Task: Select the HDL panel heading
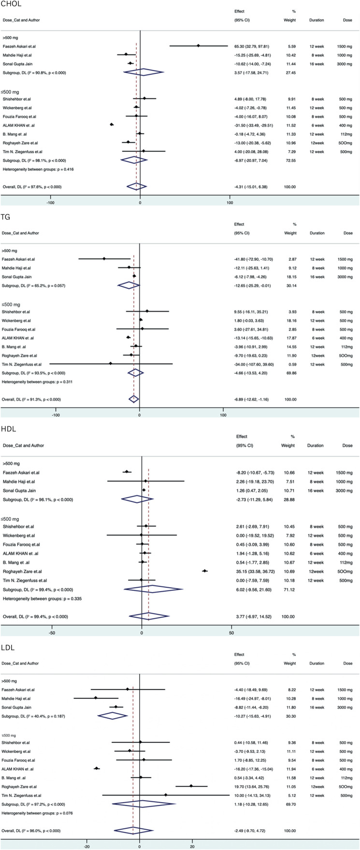pos(9,429)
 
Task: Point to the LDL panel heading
pos(9,646)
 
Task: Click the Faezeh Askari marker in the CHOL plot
pos(198,46)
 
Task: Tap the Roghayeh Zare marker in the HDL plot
pos(205,571)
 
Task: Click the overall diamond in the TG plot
pos(134,398)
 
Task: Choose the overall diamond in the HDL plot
pos(149,616)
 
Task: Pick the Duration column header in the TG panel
pos(317,233)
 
